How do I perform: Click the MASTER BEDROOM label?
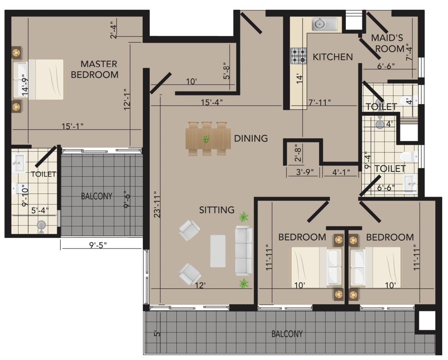click(94, 69)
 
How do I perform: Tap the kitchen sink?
click(325, 24)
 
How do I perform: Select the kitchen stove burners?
click(299, 56)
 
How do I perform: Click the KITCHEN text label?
click(333, 57)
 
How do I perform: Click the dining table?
click(208, 139)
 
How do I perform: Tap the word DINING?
click(251, 139)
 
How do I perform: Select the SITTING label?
click(217, 210)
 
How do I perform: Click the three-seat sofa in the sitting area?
click(244, 251)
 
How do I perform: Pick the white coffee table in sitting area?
click(218, 251)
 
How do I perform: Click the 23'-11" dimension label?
click(157, 205)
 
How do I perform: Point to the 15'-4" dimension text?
click(211, 102)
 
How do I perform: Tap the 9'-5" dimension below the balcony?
click(98, 245)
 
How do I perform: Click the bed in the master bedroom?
click(38, 80)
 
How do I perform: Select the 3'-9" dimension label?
click(305, 172)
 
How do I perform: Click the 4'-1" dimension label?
click(341, 172)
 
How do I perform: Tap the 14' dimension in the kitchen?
click(299, 78)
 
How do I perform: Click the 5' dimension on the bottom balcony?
click(157, 333)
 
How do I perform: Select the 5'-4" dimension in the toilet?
click(40, 210)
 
